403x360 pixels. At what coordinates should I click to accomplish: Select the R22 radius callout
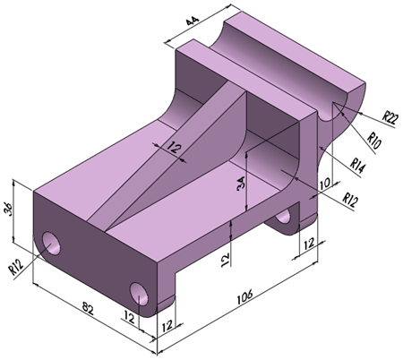click(390, 116)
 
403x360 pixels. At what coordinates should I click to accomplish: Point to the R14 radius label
click(360, 164)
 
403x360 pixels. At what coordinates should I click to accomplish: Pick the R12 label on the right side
click(353, 199)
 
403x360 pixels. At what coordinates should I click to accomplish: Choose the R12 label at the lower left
click(14, 266)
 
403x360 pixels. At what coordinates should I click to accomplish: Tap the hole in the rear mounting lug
click(287, 216)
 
